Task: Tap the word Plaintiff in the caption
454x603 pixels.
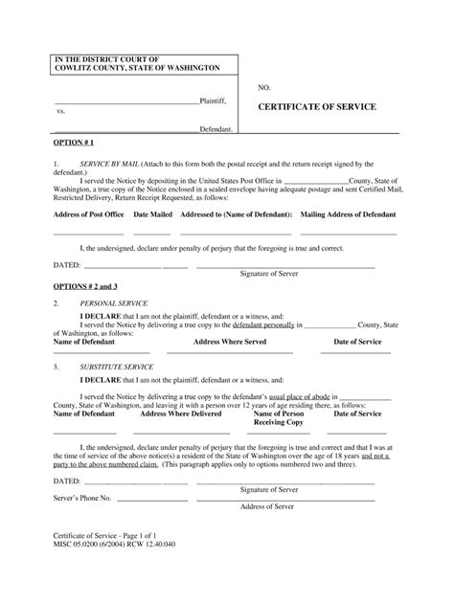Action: pos(216,100)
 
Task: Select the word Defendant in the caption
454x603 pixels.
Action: pos(216,127)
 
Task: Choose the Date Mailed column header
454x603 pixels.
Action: pos(153,215)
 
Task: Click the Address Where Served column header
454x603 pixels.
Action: pos(230,341)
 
